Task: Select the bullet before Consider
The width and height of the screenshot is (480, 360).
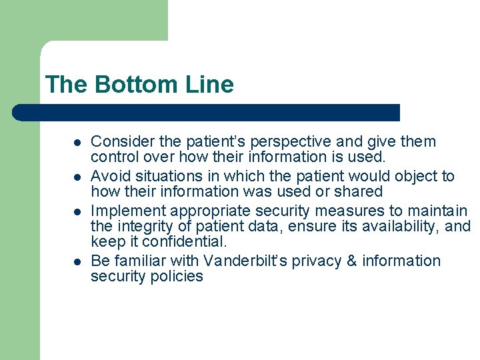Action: [x=77, y=143]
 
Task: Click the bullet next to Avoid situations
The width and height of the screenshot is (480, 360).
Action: [x=77, y=177]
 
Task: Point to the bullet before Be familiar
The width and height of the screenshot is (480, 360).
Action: [x=77, y=261]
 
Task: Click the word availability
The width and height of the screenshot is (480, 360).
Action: [x=393, y=227]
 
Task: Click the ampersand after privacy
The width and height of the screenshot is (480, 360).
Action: [x=353, y=260]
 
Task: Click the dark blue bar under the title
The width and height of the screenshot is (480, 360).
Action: [x=207, y=112]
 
